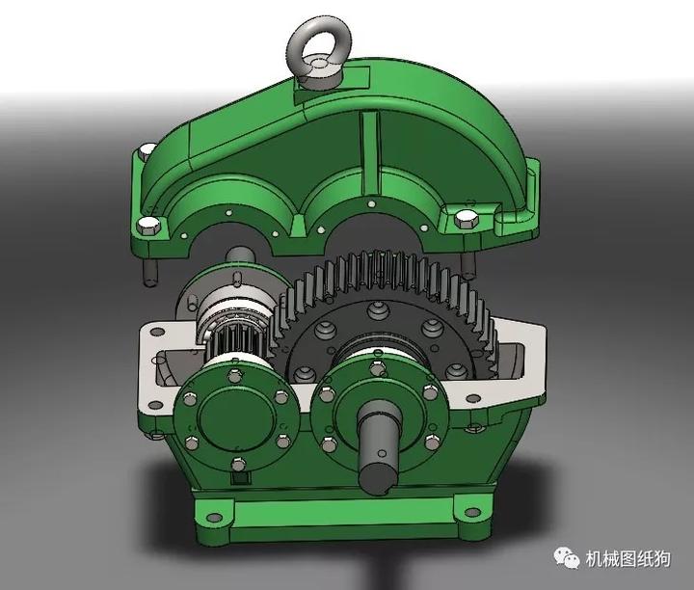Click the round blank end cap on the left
231,415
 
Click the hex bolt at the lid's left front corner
148,227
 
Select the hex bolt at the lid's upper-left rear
147,150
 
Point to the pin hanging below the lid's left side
151,271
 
